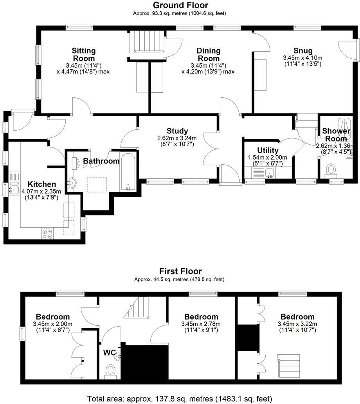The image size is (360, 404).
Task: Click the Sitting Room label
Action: [84, 55]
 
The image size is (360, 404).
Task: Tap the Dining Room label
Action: [208, 55]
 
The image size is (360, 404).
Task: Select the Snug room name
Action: [303, 50]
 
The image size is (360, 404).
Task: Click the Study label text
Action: [177, 131]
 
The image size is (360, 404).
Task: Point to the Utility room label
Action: [268, 151]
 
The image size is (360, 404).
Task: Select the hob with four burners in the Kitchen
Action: [47, 233]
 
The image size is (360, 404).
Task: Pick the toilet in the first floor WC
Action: [111, 370]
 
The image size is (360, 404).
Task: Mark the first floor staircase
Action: [137, 308]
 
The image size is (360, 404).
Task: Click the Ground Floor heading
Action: [180, 5]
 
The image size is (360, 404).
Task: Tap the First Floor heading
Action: [180, 271]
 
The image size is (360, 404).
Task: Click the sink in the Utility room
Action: [269, 172]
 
